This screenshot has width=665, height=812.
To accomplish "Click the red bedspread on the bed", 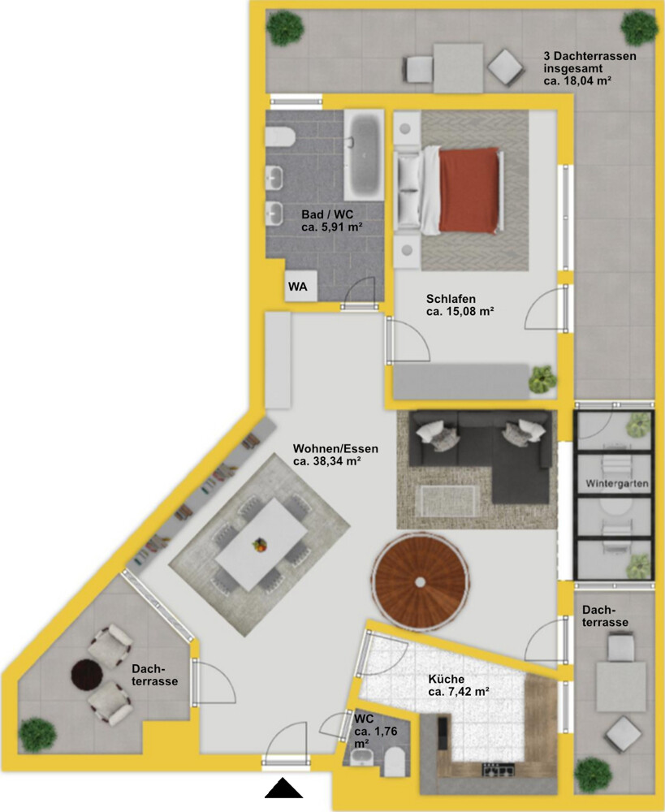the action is [x=469, y=190].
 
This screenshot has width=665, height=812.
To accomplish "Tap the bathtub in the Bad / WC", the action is [x=364, y=154].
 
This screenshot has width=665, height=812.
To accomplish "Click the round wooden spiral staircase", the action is [x=420, y=581].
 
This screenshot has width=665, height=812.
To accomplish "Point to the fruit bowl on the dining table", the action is [x=260, y=545].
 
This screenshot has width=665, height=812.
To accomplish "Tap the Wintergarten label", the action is [x=617, y=484].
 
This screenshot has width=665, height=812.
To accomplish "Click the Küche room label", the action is [x=446, y=679].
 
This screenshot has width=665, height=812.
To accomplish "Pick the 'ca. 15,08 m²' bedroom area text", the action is [x=460, y=311].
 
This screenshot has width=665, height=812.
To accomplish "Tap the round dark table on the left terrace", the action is [x=87, y=674].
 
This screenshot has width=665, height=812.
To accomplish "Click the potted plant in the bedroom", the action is [x=542, y=379].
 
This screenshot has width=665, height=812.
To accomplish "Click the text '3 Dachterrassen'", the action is [x=590, y=56].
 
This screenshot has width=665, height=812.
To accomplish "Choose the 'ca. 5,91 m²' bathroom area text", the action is [x=331, y=227].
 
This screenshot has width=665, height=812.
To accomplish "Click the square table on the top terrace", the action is [x=458, y=68].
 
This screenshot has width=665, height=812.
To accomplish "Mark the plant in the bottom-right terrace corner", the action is [x=593, y=775].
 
